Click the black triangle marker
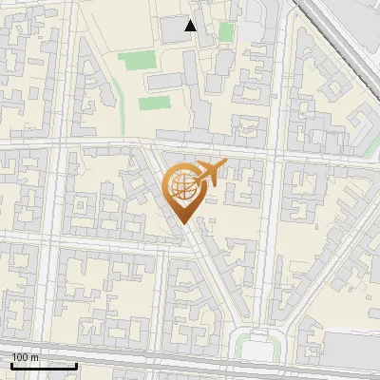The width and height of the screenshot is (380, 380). (191, 26)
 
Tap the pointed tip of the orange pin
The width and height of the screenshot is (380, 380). (181, 223)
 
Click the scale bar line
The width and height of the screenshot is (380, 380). (44, 366)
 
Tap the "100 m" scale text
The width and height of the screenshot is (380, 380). (26, 357)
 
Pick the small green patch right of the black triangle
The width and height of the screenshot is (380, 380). (226, 32)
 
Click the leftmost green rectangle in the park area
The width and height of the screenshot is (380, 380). (137, 62)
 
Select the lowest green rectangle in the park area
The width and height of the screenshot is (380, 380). (155, 103)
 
